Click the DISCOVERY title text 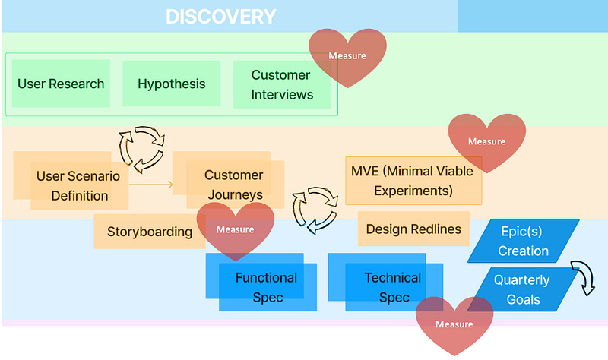(x=221, y=16)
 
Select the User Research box (x=61, y=84)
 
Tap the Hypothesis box (x=171, y=84)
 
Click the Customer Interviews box (x=282, y=84)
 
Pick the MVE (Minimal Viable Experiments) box (x=413, y=181)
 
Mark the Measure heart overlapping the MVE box (x=486, y=142)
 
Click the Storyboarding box (x=149, y=232)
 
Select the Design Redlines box (x=413, y=229)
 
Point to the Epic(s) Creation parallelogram (x=523, y=242)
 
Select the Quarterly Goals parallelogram (x=521, y=289)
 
